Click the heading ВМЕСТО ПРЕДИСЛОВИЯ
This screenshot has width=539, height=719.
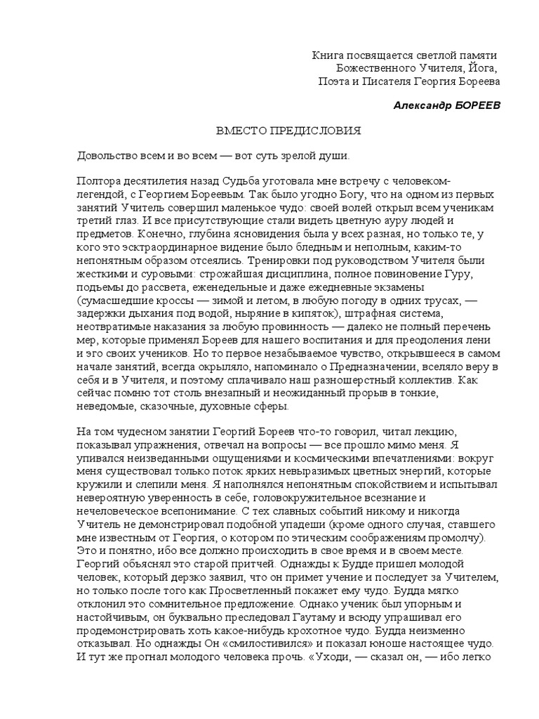pyautogui.click(x=288, y=131)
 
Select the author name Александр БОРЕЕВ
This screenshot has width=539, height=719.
pyautogui.click(x=447, y=105)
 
